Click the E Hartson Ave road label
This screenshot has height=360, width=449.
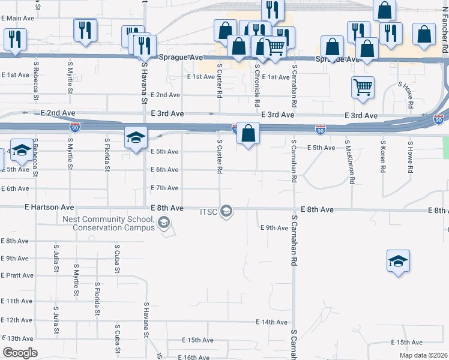tap(50, 207)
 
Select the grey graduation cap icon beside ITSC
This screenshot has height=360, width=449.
tap(226, 211)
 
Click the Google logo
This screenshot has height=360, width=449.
tap(20, 353)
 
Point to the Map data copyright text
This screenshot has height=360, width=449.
tap(423, 355)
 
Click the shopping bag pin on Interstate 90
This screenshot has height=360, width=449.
tap(248, 133)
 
